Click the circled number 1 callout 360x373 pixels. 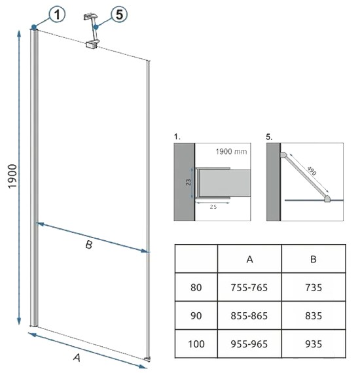[x=57, y=14]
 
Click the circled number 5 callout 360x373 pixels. [x=119, y=14]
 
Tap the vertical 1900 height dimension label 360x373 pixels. [x=12, y=176]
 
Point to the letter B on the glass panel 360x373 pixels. [x=89, y=245]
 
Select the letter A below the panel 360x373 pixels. [x=77, y=357]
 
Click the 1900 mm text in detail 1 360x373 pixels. [x=231, y=152]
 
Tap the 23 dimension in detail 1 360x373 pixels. [x=189, y=182]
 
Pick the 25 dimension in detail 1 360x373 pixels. [x=213, y=207]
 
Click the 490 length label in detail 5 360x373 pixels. [x=312, y=171]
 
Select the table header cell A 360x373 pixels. [x=249, y=259]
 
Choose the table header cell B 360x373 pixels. [x=314, y=259]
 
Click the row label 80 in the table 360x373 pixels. [x=196, y=287]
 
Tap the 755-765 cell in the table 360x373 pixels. [x=249, y=287]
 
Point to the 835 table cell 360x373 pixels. [x=314, y=316]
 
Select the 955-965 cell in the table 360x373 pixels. [x=249, y=344]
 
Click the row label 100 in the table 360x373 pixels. [x=196, y=344]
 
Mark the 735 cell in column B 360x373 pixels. [x=314, y=287]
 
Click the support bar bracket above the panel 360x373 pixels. [x=92, y=31]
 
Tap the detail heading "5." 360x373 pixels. [x=269, y=137]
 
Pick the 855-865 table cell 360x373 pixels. [x=249, y=316]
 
